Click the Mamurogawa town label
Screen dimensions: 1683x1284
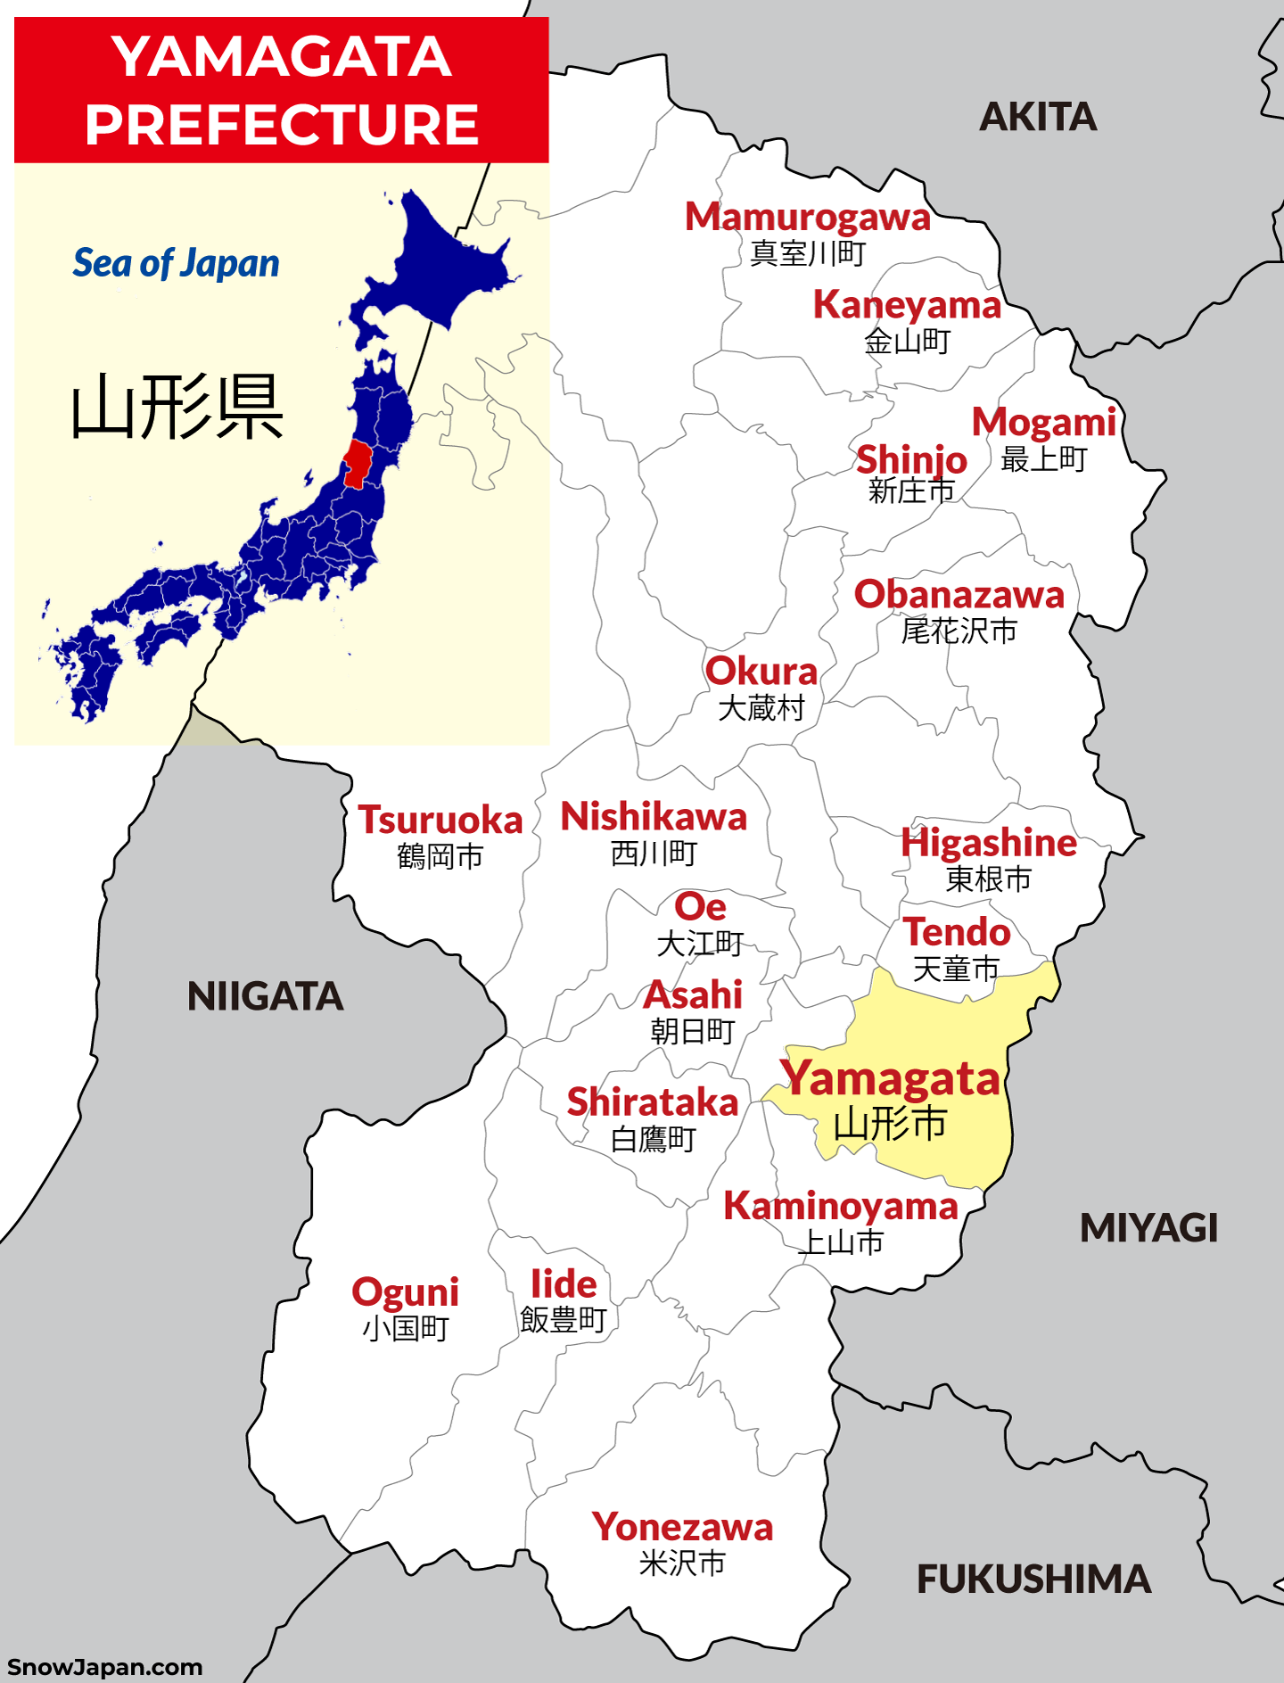click(807, 218)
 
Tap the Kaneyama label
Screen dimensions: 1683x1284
click(907, 305)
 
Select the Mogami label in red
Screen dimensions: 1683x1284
click(1043, 422)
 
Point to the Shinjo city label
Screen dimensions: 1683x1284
click(911, 460)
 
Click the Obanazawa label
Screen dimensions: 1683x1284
click(959, 595)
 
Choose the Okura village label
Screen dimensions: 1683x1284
click(761, 672)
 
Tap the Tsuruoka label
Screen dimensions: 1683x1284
click(440, 821)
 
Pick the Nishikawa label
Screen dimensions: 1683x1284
click(654, 817)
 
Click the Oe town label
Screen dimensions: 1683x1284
click(700, 907)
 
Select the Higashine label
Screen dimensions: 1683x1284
click(988, 843)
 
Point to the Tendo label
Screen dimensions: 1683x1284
click(957, 933)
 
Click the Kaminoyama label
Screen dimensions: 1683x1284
click(840, 1207)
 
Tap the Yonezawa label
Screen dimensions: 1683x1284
click(682, 1528)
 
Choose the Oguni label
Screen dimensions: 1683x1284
click(405, 1292)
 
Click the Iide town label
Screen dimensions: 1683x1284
click(564, 1284)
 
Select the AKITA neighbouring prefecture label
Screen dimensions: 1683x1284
click(1038, 117)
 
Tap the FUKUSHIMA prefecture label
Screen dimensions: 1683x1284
click(1033, 1580)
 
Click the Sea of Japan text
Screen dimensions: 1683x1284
click(176, 263)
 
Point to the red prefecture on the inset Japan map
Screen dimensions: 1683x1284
click(357, 463)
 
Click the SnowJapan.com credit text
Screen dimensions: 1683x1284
click(104, 1667)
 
